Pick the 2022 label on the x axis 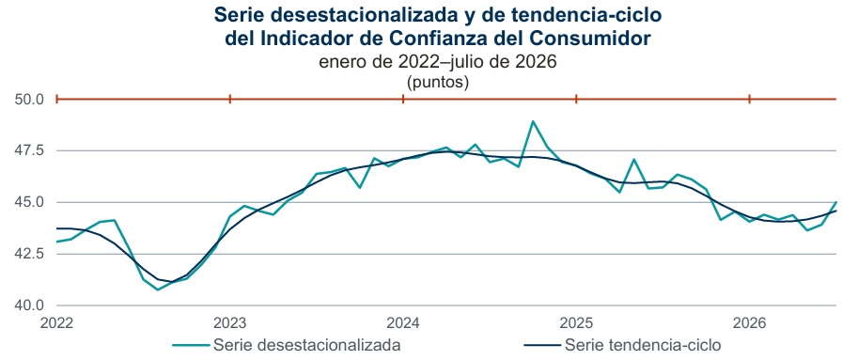click(x=57, y=322)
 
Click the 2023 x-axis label click(x=230, y=322)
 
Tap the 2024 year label click(x=403, y=322)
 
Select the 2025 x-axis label click(x=576, y=322)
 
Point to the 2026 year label click(x=749, y=322)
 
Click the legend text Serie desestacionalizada click(x=307, y=345)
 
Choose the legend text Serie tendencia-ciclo click(x=643, y=345)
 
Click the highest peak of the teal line click(x=533, y=121)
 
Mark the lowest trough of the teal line click(x=158, y=290)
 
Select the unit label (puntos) click(x=438, y=82)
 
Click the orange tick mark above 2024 click(x=403, y=99)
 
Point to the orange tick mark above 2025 click(x=576, y=99)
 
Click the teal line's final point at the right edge click(x=836, y=202)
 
